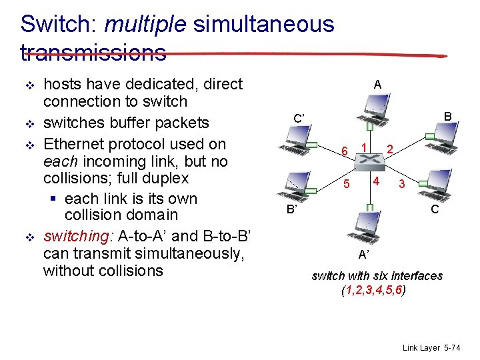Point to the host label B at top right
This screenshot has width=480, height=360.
[x=448, y=117]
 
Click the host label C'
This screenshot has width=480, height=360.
[x=299, y=119]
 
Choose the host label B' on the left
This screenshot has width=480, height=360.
[x=291, y=210]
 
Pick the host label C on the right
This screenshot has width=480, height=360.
[x=434, y=209]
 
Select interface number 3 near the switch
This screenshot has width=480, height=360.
[x=401, y=184]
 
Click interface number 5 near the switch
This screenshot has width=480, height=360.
[x=347, y=183]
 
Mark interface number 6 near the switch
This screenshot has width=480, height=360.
[x=344, y=151]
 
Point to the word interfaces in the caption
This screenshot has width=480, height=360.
[x=416, y=276]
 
